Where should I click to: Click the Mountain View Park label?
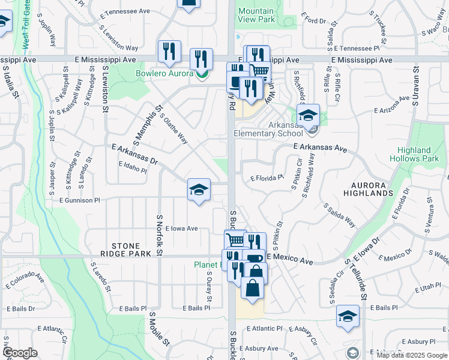(256, 15)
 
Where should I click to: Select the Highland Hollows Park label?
(414, 154)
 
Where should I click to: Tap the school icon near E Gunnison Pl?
(199, 191)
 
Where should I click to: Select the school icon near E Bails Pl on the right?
(348, 316)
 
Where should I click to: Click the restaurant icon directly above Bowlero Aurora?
(201, 59)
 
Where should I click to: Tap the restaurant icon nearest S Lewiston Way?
(169, 52)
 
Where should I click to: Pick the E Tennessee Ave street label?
(125, 11)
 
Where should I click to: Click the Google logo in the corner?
(20, 353)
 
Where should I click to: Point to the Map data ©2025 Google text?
(412, 355)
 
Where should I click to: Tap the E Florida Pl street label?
(267, 178)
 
